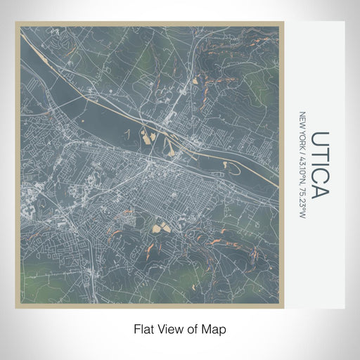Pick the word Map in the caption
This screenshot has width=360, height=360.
pyautogui.click(x=214, y=329)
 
